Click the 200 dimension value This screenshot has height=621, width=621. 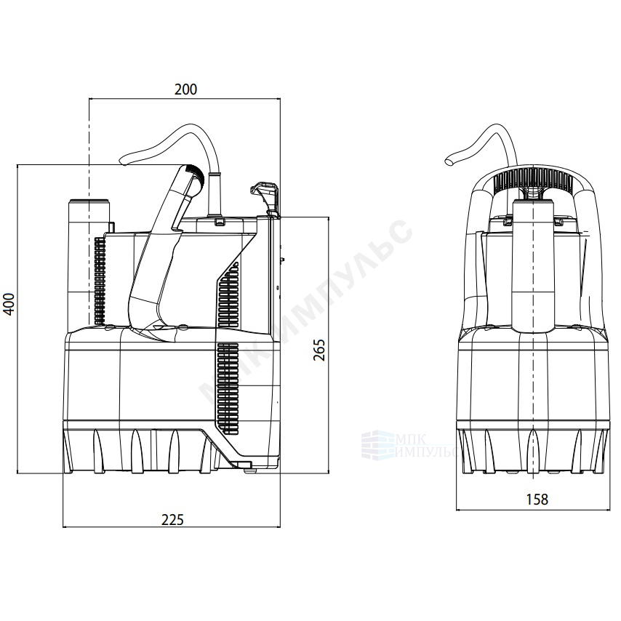[x=185, y=89]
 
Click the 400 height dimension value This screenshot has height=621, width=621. [x=9, y=304]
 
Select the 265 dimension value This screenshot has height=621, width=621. [x=319, y=350]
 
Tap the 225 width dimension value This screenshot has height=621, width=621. [x=173, y=519]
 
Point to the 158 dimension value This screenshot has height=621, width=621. [x=537, y=500]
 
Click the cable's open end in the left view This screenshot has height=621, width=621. [x=123, y=161]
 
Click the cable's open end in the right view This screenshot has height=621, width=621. [x=450, y=161]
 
